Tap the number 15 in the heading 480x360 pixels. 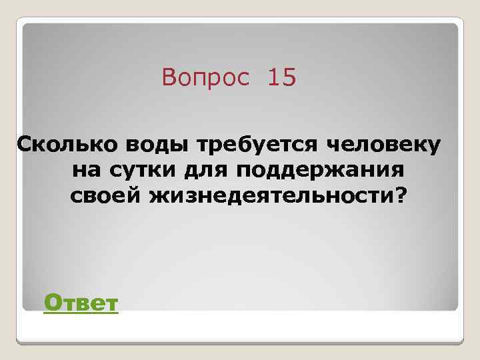281,79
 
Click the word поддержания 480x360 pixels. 319,170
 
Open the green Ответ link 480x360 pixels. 81,304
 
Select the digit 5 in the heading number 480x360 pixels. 289,79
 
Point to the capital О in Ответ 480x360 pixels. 51,304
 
